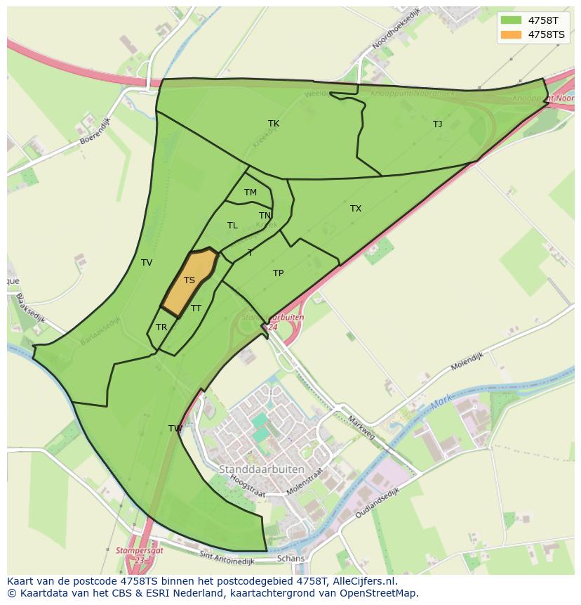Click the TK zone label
click(274, 124)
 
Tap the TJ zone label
click(437, 124)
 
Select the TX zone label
click(356, 209)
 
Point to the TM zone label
click(251, 193)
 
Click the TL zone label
click(232, 226)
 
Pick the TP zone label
click(278, 273)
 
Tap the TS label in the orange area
click(189, 280)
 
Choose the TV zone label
click(147, 263)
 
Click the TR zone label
click(161, 327)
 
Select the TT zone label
click(196, 308)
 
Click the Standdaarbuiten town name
click(262, 469)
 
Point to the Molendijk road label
click(467, 362)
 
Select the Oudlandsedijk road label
click(377, 504)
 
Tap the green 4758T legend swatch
click(512, 20)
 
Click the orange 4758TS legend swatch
click(512, 34)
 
